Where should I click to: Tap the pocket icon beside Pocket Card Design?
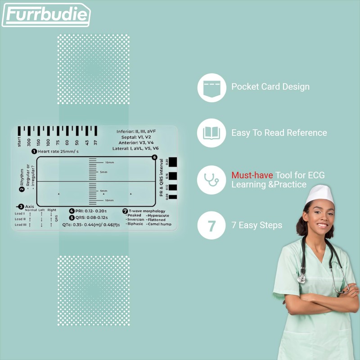(x=211, y=87)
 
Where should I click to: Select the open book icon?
(x=211, y=133)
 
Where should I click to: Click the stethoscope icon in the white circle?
(x=211, y=180)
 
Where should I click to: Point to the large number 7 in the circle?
(x=211, y=225)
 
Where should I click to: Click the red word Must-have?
(x=252, y=175)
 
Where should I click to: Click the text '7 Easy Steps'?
(x=257, y=225)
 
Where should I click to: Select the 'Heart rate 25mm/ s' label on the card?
(x=58, y=151)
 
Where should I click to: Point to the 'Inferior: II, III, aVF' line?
(x=136, y=131)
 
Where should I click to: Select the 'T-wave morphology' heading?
(x=147, y=211)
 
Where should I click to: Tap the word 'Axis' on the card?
(x=29, y=206)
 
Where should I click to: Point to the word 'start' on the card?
(x=19, y=142)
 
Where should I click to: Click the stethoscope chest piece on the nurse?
(x=301, y=278)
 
